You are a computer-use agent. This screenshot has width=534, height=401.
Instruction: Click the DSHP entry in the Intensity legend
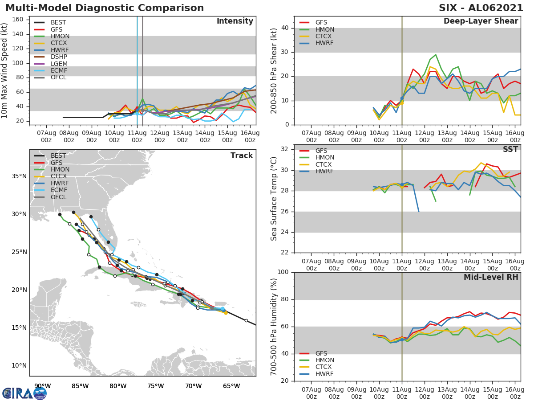[59, 57]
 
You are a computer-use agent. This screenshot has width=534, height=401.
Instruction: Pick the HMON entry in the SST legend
[324, 158]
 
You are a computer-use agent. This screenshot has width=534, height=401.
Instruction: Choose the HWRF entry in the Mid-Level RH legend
[324, 374]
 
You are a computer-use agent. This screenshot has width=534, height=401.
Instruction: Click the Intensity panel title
[235, 21]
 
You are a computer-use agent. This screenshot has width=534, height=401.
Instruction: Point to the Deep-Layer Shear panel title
[481, 21]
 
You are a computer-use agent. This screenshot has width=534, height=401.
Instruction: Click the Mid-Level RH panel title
[491, 278]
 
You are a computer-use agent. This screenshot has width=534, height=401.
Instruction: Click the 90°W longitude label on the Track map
[42, 386]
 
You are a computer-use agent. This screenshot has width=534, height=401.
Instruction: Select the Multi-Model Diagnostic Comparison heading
[105, 8]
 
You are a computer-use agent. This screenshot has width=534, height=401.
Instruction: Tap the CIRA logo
[24, 393]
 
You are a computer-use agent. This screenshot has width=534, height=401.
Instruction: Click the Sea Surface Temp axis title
[274, 198]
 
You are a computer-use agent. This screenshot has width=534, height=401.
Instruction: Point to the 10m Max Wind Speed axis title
[5, 71]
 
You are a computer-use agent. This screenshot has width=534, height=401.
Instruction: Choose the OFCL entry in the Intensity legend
[59, 78]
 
